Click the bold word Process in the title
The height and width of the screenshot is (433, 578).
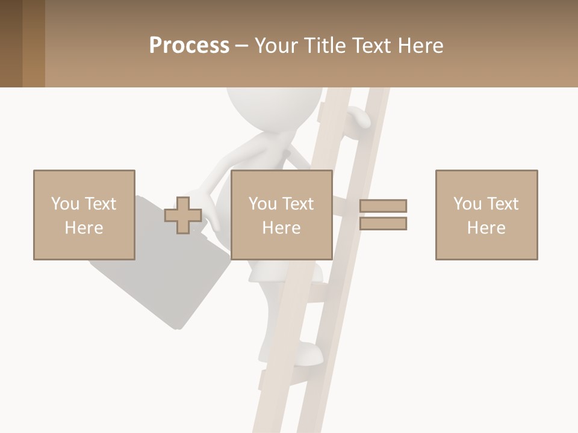[x=189, y=45]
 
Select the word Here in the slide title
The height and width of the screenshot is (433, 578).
[x=420, y=45]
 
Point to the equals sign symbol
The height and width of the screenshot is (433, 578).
[x=383, y=215]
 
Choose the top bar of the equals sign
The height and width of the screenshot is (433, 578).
[x=383, y=206]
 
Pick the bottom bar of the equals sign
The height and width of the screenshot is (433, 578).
[x=383, y=223]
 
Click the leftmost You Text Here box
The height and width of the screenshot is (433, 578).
[x=84, y=215]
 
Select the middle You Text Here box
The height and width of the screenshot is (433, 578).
[x=282, y=215]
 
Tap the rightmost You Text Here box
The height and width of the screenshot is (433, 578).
[x=486, y=215]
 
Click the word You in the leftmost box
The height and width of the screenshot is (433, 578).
[x=65, y=204]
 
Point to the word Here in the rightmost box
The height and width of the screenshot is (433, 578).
[x=486, y=228]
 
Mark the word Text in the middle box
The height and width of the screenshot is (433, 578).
[x=297, y=204]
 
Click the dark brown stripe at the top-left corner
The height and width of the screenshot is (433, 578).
[x=11, y=43]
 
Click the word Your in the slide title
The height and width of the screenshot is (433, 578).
[x=275, y=45]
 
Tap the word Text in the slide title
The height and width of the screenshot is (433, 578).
[x=372, y=45]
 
